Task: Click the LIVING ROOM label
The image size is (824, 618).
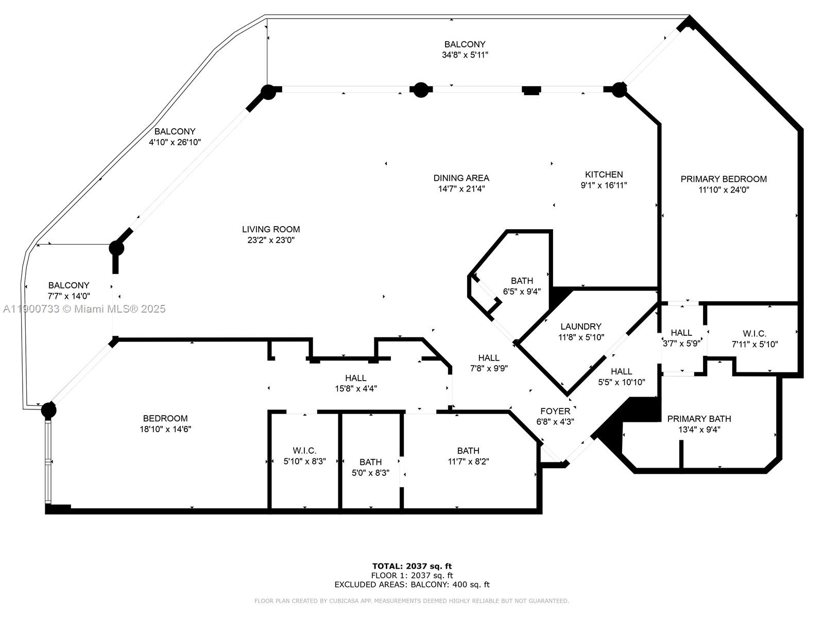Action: click(271, 229)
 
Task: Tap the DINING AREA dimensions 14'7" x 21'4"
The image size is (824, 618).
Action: click(461, 189)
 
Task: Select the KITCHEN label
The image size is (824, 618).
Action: click(604, 175)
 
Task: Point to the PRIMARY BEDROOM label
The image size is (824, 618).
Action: click(723, 179)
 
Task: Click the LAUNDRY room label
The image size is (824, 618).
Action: click(580, 327)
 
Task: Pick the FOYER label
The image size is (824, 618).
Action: click(555, 411)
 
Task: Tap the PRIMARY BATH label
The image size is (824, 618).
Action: click(699, 419)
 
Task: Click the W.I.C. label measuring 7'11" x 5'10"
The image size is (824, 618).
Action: click(754, 334)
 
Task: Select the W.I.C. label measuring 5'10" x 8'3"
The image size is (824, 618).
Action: click(304, 451)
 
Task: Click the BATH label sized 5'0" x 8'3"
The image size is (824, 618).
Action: click(370, 462)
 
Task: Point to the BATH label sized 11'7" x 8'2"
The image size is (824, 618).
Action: click(468, 451)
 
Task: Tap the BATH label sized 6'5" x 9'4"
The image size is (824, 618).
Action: click(522, 281)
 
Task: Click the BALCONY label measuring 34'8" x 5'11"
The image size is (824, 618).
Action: click(465, 45)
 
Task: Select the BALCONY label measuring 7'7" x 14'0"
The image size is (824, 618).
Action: click(68, 285)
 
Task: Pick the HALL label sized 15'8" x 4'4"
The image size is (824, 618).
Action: click(355, 378)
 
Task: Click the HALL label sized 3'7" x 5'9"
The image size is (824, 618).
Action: click(681, 333)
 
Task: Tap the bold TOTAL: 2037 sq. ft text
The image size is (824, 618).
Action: click(412, 566)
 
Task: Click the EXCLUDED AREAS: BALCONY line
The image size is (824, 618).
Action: click(412, 585)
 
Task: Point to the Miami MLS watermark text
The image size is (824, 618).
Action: click(84, 309)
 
